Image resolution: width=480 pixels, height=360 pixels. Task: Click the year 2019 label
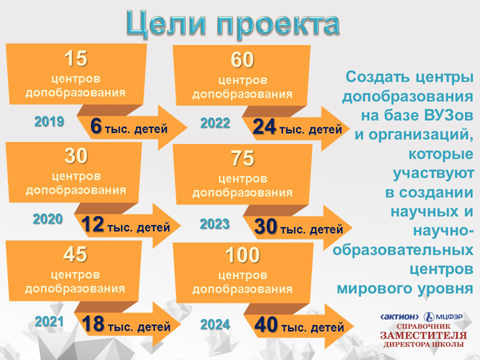pyautogui.click(x=49, y=122)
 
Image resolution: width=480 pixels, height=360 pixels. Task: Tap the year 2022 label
pyautogui.click(x=215, y=123)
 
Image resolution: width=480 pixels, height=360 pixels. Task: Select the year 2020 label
pyautogui.click(x=47, y=219)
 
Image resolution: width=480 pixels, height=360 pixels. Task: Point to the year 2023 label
pyautogui.click(x=215, y=224)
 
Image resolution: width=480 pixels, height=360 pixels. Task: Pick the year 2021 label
pyautogui.click(x=49, y=322)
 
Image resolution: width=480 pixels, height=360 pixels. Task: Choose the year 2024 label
pyautogui.click(x=215, y=324)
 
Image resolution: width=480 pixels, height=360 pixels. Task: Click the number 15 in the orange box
pyautogui.click(x=76, y=58)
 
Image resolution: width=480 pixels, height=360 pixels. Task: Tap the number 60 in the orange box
pyautogui.click(x=242, y=60)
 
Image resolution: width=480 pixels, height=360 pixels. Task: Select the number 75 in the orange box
pyautogui.click(x=243, y=158)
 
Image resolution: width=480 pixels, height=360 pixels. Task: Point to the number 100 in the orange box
pyautogui.click(x=243, y=255)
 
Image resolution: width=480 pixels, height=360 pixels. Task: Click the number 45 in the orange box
pyautogui.click(x=75, y=254)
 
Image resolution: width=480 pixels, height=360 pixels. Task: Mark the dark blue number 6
pyautogui.click(x=96, y=126)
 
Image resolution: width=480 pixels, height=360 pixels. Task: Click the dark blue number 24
pyautogui.click(x=265, y=127)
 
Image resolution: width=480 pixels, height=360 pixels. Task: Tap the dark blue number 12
pyautogui.click(x=93, y=224)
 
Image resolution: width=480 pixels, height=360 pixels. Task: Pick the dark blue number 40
pyautogui.click(x=266, y=324)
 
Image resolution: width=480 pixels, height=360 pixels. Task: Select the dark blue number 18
pyautogui.click(x=94, y=324)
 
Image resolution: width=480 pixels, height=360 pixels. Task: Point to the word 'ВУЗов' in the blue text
pyautogui.click(x=449, y=116)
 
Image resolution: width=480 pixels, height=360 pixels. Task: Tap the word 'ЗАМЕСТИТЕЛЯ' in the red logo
pyautogui.click(x=423, y=335)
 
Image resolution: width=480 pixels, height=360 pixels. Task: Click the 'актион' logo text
pyautogui.click(x=399, y=317)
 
